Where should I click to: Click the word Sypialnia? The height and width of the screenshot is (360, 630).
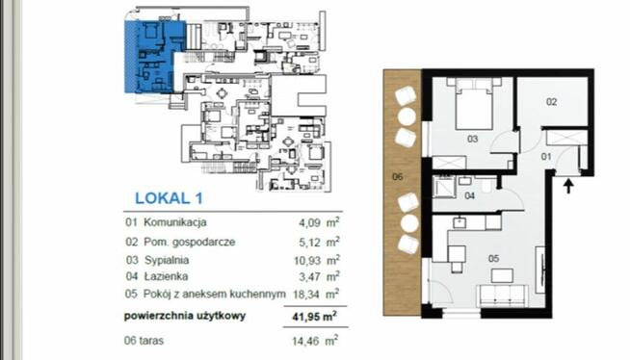coord(167,259)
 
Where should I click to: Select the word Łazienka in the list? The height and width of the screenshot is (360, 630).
coord(166,276)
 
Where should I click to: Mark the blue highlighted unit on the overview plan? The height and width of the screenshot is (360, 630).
coord(152,56)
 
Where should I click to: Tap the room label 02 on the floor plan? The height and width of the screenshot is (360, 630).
coord(553,100)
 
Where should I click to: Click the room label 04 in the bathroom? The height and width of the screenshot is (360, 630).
coord(470,195)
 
